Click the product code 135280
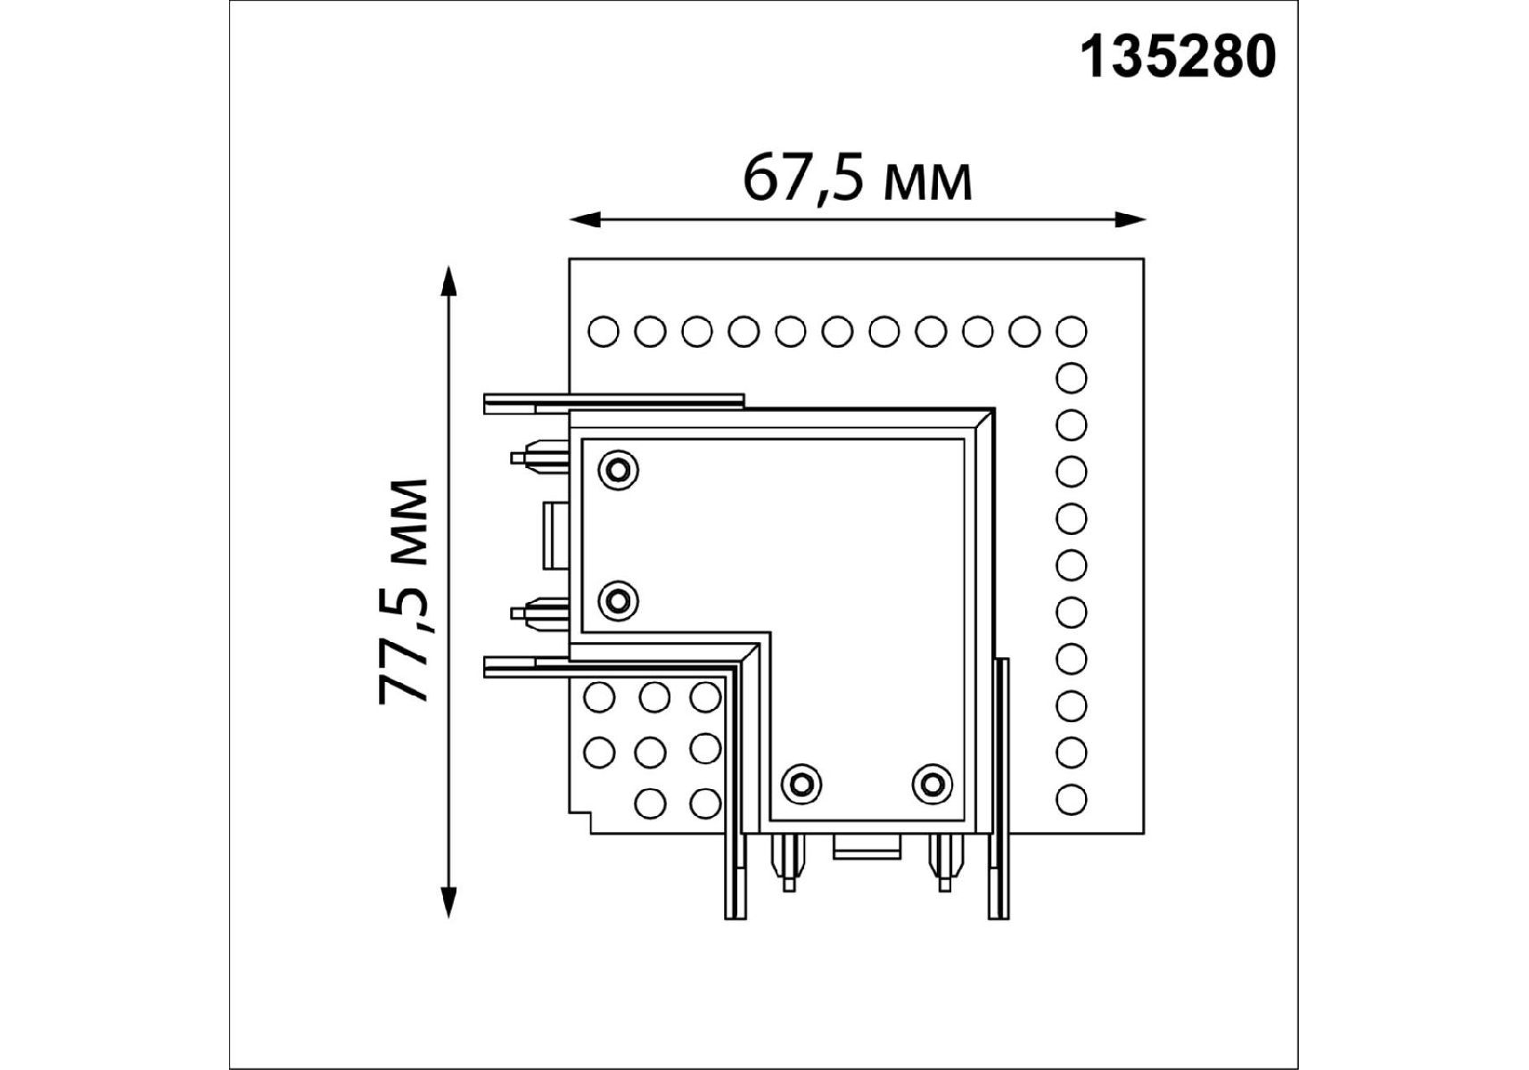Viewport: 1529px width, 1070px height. [x=1178, y=58]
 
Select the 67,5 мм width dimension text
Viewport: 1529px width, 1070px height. [x=857, y=178]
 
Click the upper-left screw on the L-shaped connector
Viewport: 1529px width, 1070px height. [x=619, y=469]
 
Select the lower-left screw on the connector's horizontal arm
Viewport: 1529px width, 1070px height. [x=619, y=600]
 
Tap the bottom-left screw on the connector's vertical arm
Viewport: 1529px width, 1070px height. [x=801, y=783]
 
